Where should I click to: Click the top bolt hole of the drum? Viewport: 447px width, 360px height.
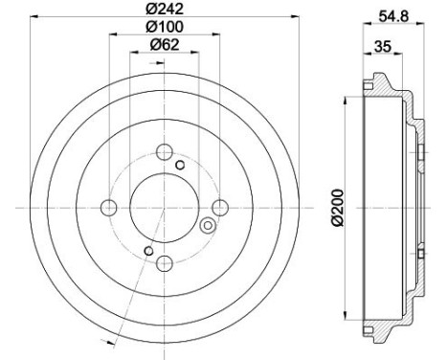164,151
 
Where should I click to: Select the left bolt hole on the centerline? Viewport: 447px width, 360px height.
109,208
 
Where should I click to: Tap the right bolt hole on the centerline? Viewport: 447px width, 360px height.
220,207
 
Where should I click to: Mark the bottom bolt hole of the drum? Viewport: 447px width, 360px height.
164,263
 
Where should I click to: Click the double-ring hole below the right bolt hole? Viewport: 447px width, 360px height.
207,226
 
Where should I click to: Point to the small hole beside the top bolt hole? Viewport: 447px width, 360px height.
180,164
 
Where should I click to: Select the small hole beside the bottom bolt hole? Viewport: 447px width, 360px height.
147,252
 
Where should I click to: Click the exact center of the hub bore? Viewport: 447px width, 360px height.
164,208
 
